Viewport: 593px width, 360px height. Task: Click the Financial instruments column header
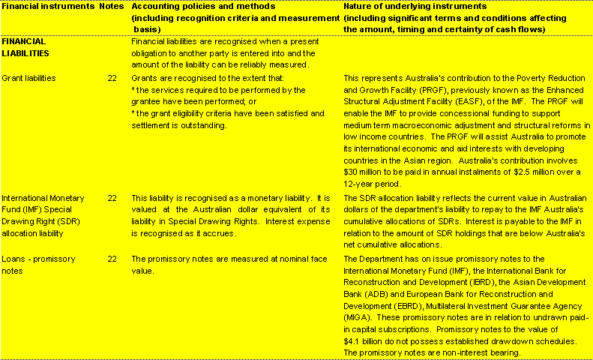(x=47, y=5)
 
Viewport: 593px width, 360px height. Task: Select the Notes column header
(x=112, y=5)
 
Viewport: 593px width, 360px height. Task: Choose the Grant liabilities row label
(x=29, y=77)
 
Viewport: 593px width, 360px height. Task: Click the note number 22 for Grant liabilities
(x=112, y=77)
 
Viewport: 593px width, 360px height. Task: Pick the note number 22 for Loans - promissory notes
(x=112, y=259)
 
